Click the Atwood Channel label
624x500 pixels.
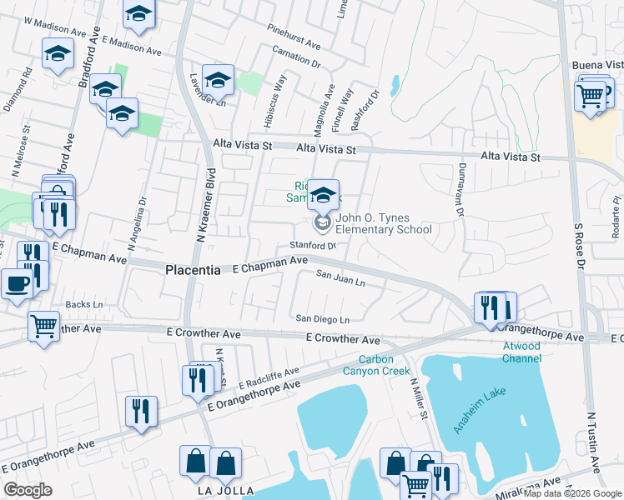coord(521,352)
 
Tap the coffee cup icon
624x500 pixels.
coord(17,283)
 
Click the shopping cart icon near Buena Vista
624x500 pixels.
coord(591,96)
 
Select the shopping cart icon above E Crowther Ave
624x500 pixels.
coord(43,325)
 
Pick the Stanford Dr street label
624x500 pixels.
coord(312,246)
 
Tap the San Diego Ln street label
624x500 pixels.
coord(323,319)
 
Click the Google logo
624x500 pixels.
coord(28,490)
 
